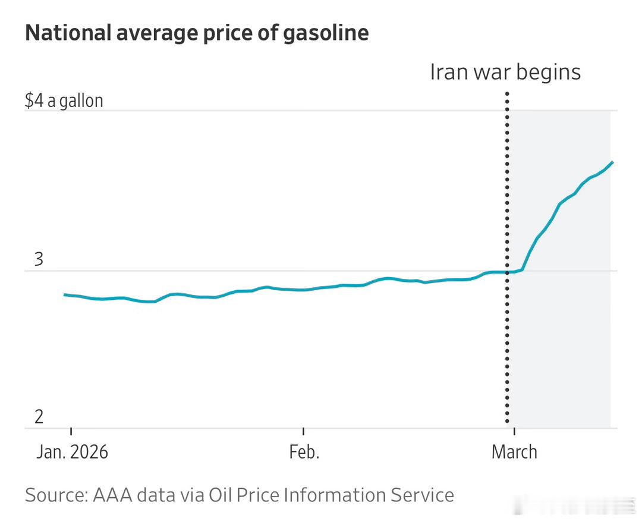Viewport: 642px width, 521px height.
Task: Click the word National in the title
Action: click(x=68, y=33)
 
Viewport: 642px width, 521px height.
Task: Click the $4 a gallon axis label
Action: click(x=64, y=100)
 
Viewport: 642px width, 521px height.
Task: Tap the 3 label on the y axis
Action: click(x=39, y=260)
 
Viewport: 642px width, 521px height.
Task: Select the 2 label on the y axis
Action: click(x=39, y=417)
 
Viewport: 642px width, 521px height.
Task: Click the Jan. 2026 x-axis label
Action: click(x=72, y=452)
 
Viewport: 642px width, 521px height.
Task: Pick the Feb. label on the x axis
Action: click(x=304, y=452)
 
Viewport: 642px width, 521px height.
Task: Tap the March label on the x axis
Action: click(x=514, y=452)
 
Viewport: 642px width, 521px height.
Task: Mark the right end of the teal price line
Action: click(x=612, y=162)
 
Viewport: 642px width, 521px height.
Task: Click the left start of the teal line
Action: click(x=64, y=294)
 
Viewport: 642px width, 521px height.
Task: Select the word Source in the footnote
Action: click(x=56, y=495)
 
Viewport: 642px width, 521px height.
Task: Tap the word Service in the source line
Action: click(x=421, y=495)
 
